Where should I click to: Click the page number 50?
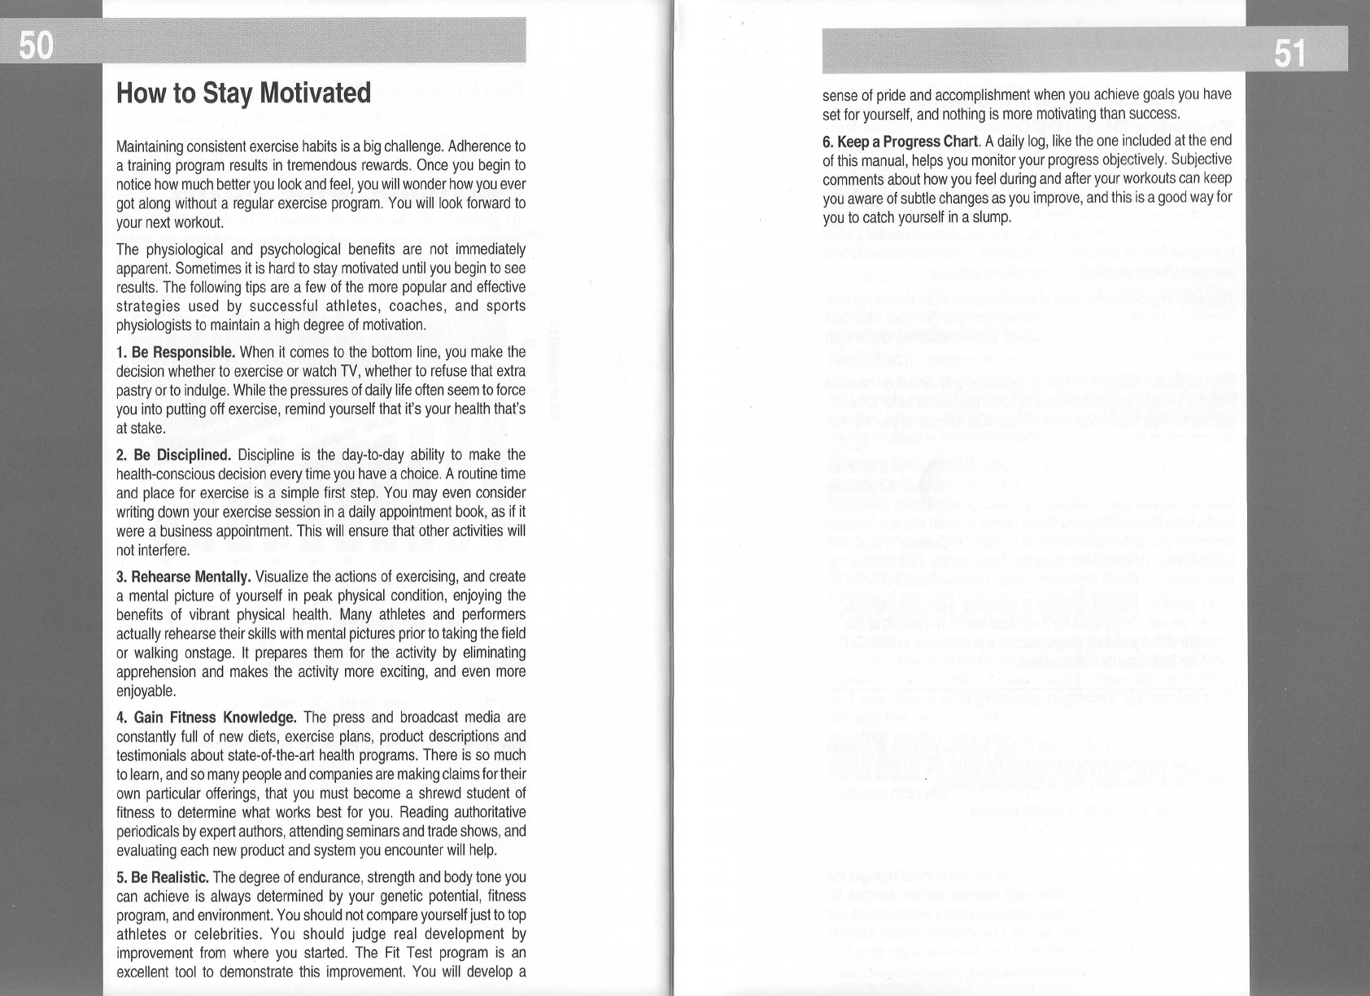click(36, 47)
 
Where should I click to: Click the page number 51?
click(1289, 55)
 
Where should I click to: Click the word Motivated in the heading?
click(314, 94)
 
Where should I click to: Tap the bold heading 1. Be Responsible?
click(176, 352)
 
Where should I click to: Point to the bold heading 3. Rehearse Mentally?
click(183, 578)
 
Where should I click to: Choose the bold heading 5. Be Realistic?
click(164, 877)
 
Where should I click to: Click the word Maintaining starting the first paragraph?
click(153, 147)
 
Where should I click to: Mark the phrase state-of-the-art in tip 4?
click(279, 755)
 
